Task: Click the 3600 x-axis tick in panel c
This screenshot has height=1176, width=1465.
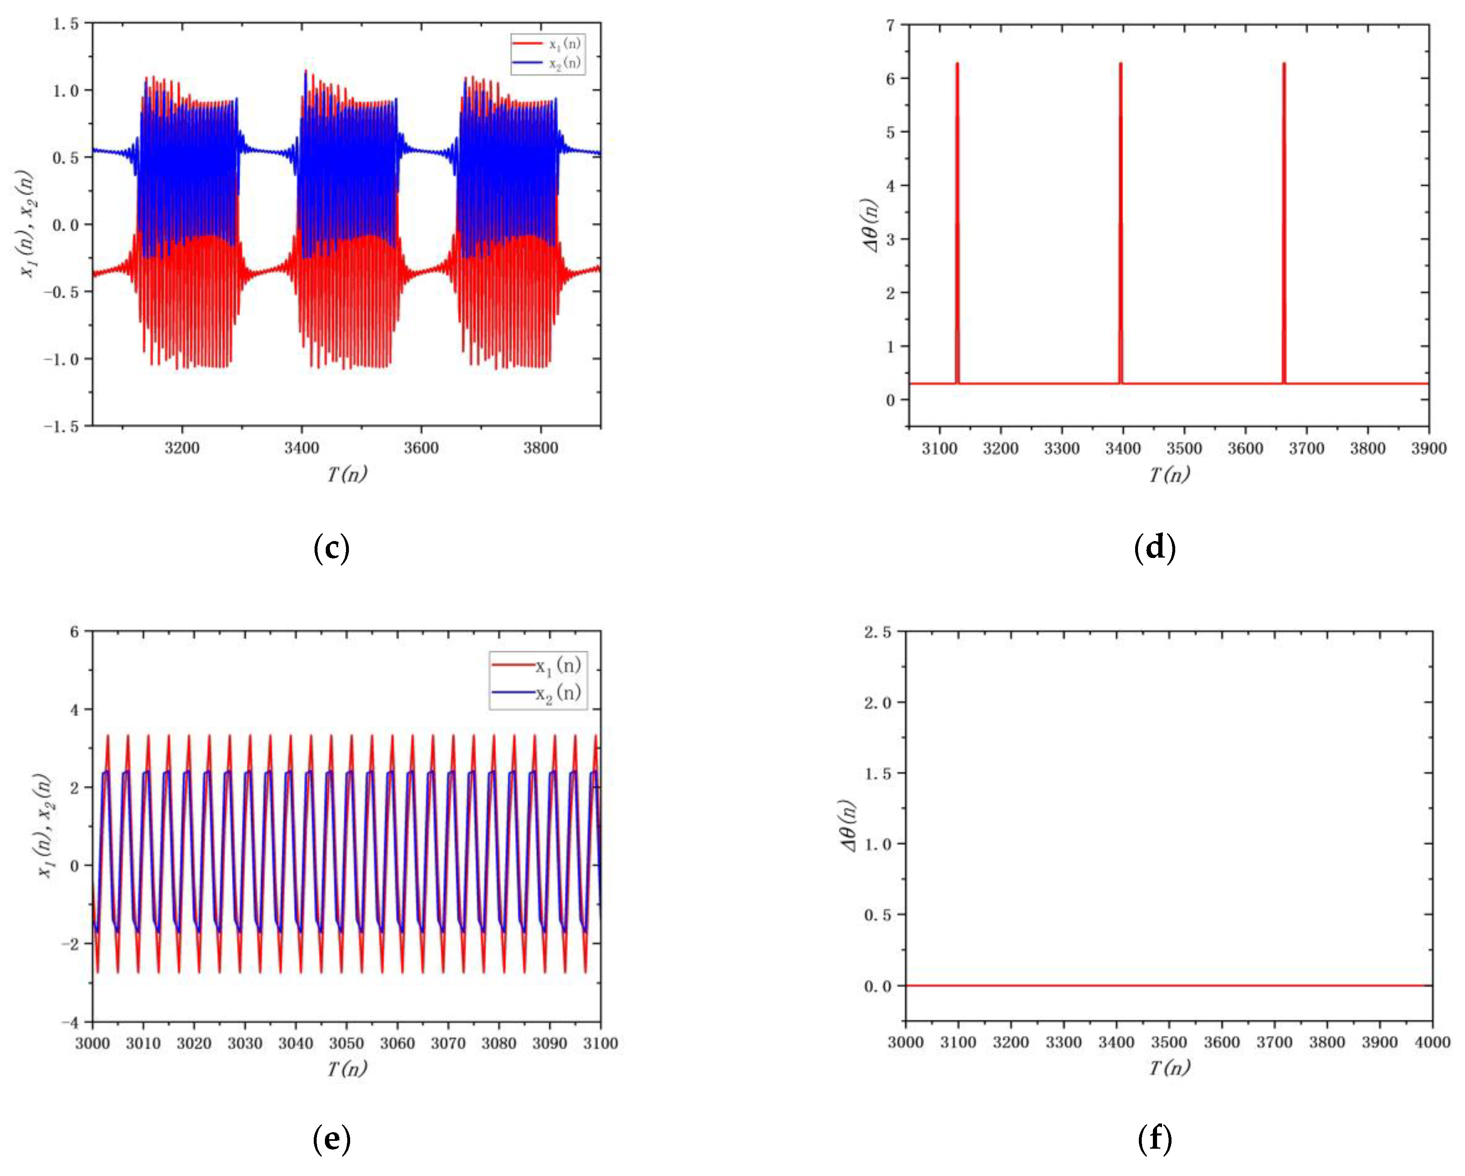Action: (x=421, y=448)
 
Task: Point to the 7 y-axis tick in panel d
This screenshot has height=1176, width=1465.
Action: (x=890, y=25)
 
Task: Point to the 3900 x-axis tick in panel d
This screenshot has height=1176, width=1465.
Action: (x=1428, y=449)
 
